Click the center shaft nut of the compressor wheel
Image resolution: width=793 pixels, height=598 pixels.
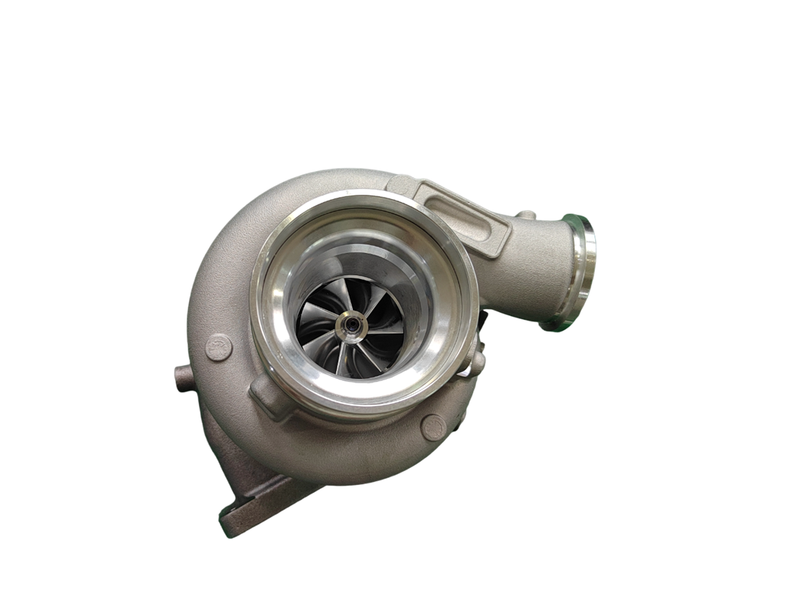pos(347,324)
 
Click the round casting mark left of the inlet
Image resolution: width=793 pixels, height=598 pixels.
pos(219,347)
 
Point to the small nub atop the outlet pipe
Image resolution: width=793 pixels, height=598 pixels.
pos(525,215)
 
